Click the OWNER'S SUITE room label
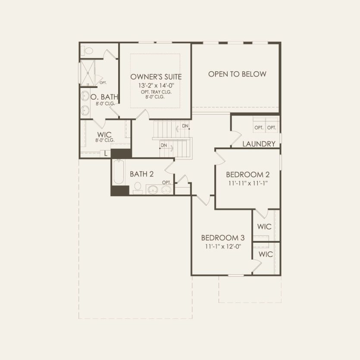click(x=156, y=77)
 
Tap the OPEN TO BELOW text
click(x=237, y=74)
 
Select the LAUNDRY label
click(x=259, y=144)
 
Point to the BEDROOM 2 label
click(x=248, y=175)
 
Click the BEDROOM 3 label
click(x=223, y=238)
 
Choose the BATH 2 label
click(x=142, y=174)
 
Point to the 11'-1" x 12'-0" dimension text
click(x=222, y=247)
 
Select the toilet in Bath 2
click(x=138, y=187)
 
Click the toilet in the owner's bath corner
click(x=88, y=50)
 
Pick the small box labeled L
click(x=106, y=153)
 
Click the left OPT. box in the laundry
click(x=259, y=128)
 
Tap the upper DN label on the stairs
click(x=185, y=126)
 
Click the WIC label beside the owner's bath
click(x=104, y=135)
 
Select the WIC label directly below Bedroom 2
click(x=264, y=226)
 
